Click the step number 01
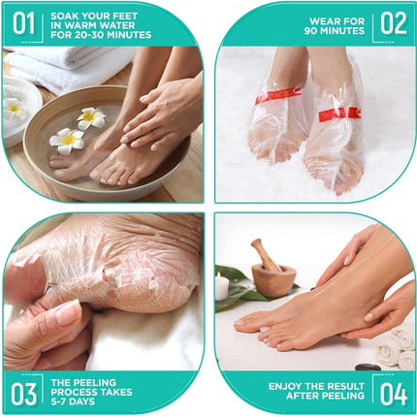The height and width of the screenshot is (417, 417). pyautogui.click(x=26, y=22)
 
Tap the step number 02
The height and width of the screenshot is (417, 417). pyautogui.click(x=392, y=22)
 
